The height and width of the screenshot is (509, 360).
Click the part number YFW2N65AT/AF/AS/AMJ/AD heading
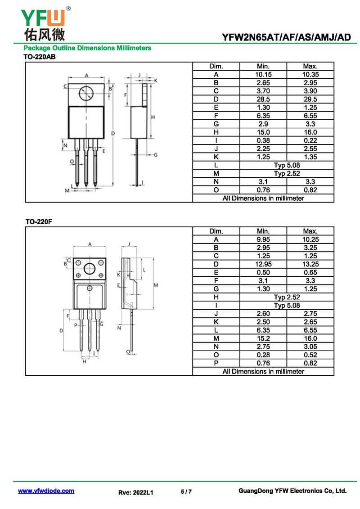click(286, 37)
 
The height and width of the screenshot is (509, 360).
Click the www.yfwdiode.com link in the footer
click(46, 491)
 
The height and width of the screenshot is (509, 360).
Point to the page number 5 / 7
click(186, 492)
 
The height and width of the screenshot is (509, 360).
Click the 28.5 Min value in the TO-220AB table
click(263, 99)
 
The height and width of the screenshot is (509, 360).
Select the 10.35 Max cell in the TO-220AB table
click(310, 74)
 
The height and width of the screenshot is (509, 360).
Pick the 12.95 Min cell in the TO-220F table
click(263, 264)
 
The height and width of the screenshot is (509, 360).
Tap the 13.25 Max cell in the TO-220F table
click(310, 264)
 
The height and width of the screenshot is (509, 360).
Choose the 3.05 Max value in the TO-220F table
click(310, 347)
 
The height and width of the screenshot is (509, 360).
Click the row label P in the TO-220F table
click(216, 363)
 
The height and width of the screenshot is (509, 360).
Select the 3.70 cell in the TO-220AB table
click(263, 91)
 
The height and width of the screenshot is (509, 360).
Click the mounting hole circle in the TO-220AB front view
click(86, 94)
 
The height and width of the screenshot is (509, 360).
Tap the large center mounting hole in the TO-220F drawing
click(90, 269)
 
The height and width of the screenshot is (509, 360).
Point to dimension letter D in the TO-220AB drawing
click(113, 133)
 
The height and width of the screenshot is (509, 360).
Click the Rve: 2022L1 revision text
click(136, 493)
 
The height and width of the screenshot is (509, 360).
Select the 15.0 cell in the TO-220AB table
click(263, 132)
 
